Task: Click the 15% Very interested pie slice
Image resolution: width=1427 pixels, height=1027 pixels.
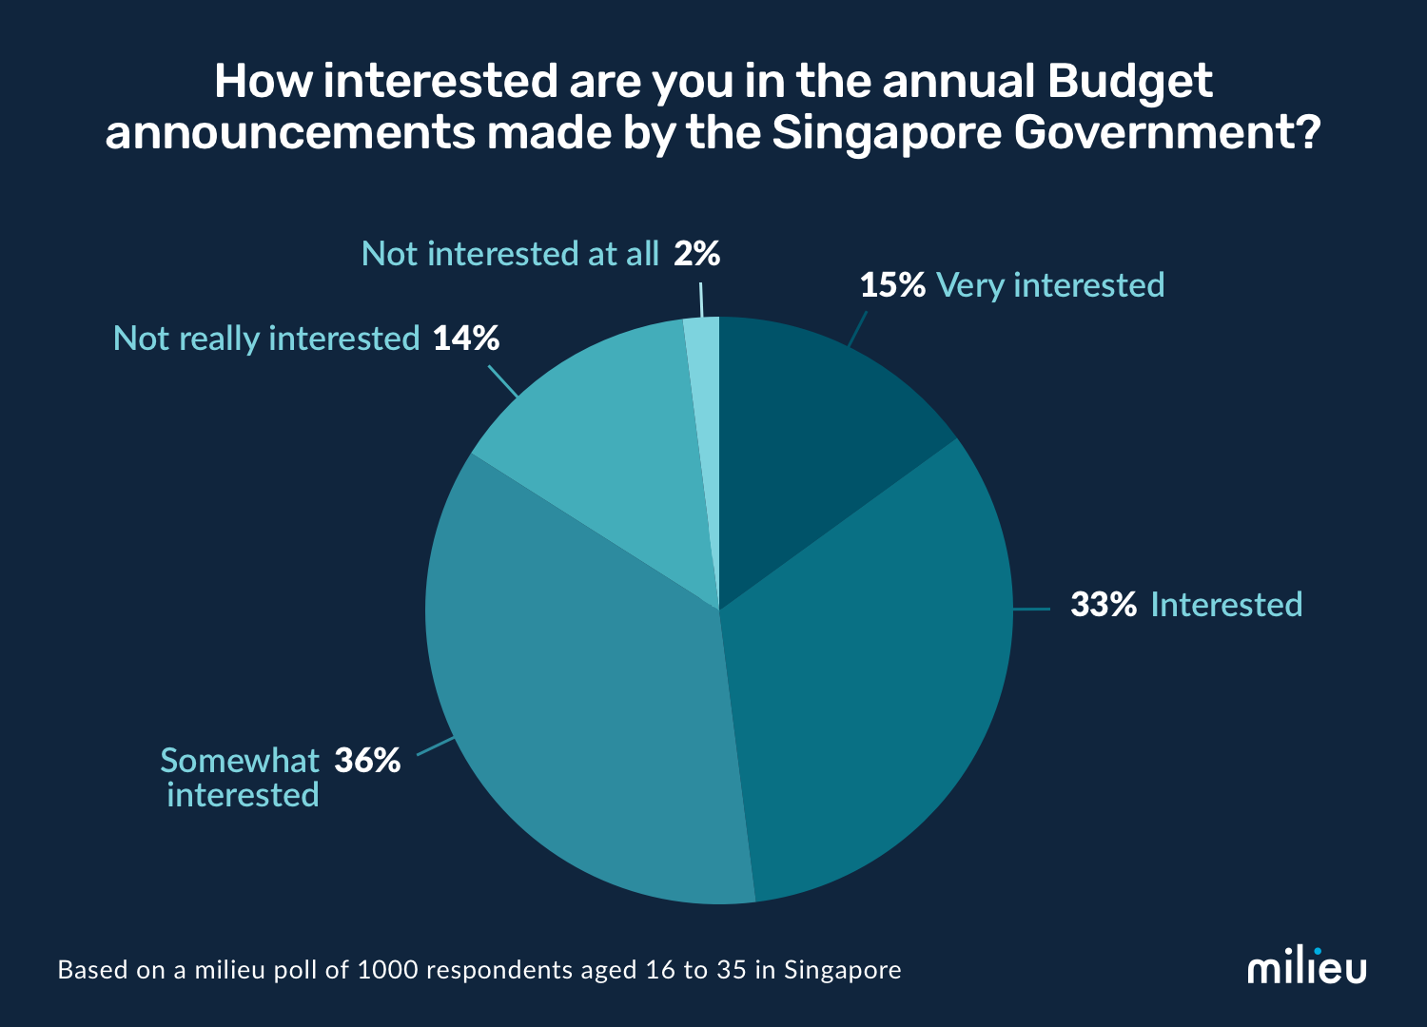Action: (x=809, y=428)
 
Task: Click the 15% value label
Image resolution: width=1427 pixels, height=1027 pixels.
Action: (x=892, y=285)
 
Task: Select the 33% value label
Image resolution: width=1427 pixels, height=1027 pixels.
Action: (x=1104, y=605)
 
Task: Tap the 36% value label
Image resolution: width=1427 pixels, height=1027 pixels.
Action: (x=367, y=761)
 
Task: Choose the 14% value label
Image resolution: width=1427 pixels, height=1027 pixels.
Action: (x=466, y=339)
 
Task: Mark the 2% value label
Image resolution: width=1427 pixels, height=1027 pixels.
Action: (x=696, y=254)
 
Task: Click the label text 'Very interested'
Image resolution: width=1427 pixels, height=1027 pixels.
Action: (x=1050, y=285)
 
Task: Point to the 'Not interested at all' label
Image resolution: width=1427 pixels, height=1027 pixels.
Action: (x=510, y=254)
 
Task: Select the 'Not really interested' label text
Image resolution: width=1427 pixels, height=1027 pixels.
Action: (x=266, y=339)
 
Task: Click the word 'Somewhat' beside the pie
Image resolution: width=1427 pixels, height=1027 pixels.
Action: (x=240, y=761)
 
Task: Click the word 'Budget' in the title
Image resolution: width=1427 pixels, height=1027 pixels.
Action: (x=1129, y=82)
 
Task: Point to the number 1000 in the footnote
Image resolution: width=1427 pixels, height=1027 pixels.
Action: (x=386, y=971)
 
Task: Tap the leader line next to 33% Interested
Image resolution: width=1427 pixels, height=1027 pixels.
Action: (x=1031, y=609)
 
